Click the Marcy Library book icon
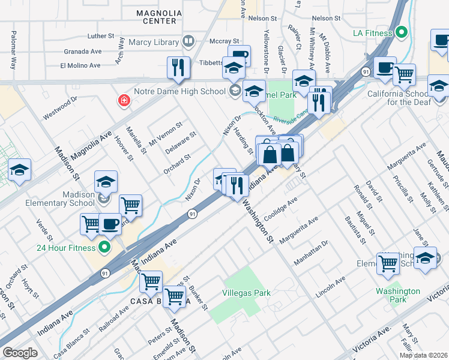pyautogui.click(x=188, y=41)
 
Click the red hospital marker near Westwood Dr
pyautogui.click(x=124, y=100)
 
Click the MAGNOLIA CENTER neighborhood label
pyautogui.click(x=155, y=17)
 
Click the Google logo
pyautogui.click(x=19, y=352)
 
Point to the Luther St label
pyautogui.click(x=100, y=36)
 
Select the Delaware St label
pyautogui.click(x=181, y=143)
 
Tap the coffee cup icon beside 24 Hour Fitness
pyautogui.click(x=109, y=224)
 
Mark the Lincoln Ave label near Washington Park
pyautogui.click(x=331, y=288)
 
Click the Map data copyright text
pyautogui.click(x=423, y=355)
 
